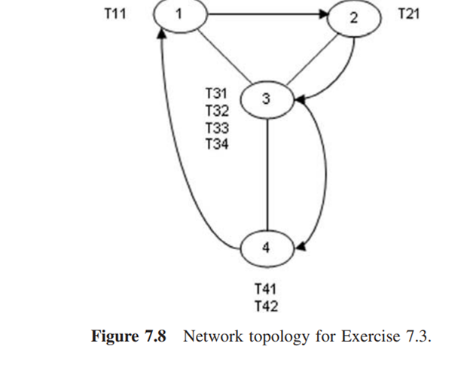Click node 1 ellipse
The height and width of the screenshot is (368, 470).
[179, 15]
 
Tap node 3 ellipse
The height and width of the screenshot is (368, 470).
[266, 99]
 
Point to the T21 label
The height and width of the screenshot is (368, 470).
[407, 15]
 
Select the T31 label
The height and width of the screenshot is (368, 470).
[217, 93]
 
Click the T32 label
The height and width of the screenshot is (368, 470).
[217, 110]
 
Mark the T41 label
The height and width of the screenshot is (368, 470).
[265, 288]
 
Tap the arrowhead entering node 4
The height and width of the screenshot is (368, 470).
[301, 245]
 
